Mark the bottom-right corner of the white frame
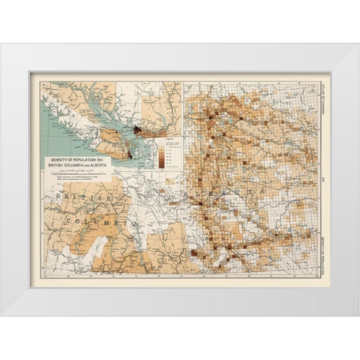[358, 315]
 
